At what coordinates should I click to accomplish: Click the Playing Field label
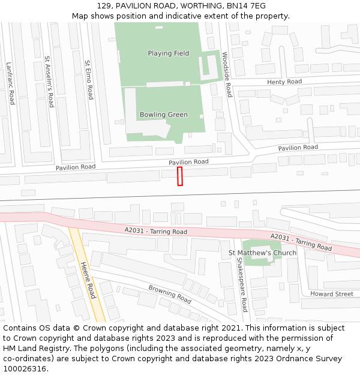[x=168, y=53]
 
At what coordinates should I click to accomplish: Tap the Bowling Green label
[x=163, y=115]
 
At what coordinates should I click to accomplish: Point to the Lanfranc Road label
[x=10, y=83]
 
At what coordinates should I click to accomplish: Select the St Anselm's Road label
[x=49, y=82]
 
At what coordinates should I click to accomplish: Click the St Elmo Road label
[x=89, y=80]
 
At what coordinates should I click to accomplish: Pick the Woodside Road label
[x=226, y=74]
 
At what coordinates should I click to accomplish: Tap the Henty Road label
[x=284, y=82]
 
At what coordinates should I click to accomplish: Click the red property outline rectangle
[x=179, y=176]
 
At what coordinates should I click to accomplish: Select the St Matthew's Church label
[x=262, y=253]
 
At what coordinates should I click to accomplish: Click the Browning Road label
[x=170, y=294]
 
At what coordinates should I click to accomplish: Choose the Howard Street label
[x=332, y=294]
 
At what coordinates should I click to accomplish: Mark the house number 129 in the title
[x=103, y=5]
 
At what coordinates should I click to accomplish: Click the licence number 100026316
[x=25, y=368]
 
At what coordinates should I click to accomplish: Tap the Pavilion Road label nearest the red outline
[x=188, y=162]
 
